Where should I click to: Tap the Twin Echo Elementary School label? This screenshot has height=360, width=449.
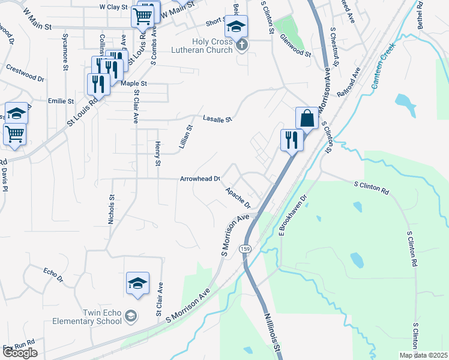(93, 320)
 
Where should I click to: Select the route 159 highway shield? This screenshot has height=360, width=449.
(245, 248)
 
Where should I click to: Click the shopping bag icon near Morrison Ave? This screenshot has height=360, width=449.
(307, 118)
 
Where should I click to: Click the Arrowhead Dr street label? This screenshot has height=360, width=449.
(200, 179)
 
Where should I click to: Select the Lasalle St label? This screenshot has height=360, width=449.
(217, 119)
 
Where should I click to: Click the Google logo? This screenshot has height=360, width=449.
(20, 353)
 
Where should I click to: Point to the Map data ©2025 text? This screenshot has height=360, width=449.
(423, 355)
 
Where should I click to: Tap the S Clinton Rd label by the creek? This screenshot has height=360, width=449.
(372, 187)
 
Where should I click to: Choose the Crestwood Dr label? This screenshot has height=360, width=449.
(25, 73)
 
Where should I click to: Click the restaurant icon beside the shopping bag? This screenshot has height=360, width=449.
(291, 140)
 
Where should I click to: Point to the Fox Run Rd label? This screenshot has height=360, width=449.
(19, 347)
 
